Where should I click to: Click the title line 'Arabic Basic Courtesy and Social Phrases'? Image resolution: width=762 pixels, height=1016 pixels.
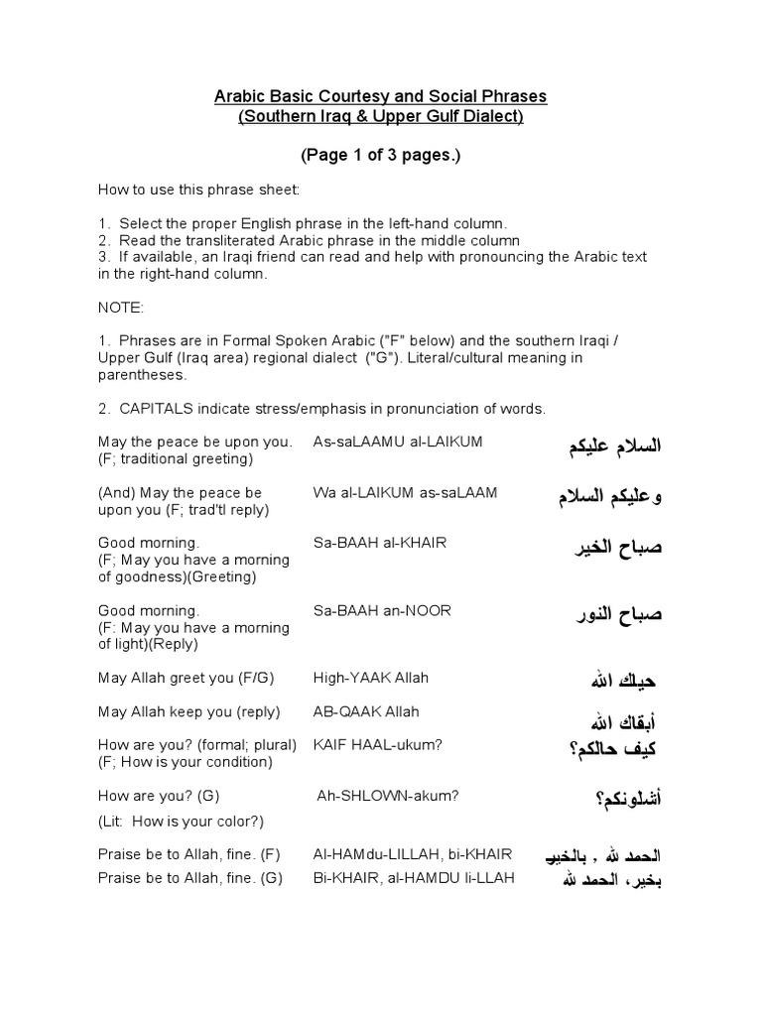pos(381,97)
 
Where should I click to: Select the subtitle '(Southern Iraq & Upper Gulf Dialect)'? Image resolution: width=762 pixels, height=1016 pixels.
pos(381,116)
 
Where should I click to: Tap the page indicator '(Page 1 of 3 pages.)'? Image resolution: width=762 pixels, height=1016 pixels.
pos(381,156)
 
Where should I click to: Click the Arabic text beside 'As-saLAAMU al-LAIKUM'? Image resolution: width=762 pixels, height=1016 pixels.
pos(608,446)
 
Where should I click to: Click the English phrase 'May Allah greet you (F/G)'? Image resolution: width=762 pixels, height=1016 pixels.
pos(186,678)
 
